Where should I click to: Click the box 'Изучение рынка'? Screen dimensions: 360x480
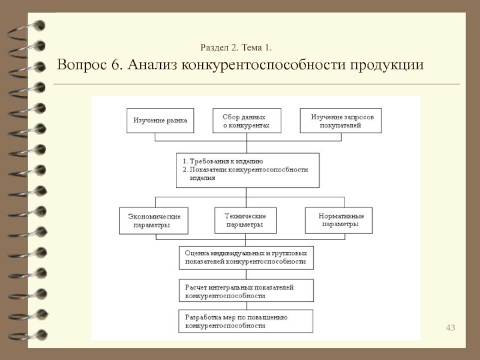(x=160, y=120)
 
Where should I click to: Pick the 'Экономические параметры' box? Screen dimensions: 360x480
(x=154, y=220)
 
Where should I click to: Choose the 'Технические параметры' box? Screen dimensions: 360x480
(x=245, y=220)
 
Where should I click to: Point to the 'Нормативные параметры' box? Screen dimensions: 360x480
(x=340, y=220)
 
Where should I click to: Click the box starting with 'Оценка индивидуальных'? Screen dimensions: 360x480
(x=246, y=257)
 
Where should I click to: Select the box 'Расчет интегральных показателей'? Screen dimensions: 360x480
(x=246, y=292)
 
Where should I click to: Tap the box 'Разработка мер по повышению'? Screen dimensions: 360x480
(x=246, y=321)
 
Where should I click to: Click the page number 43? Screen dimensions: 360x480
(x=450, y=327)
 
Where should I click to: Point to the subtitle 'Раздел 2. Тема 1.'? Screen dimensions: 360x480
(x=238, y=46)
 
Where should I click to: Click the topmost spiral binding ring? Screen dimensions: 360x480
(x=24, y=27)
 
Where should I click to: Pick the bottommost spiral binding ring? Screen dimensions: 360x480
(x=24, y=334)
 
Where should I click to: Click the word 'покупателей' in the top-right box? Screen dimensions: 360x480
(x=340, y=125)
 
